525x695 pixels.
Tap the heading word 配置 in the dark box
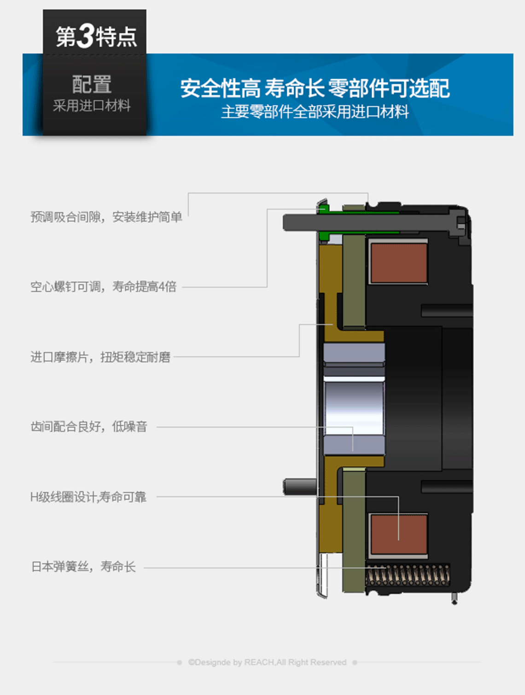click(92, 84)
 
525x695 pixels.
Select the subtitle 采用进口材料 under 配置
click(92, 106)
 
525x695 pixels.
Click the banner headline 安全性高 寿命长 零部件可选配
click(315, 88)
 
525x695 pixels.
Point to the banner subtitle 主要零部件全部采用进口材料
click(315, 112)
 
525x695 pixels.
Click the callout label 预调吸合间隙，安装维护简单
click(106, 217)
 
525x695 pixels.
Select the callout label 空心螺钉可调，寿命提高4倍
click(104, 287)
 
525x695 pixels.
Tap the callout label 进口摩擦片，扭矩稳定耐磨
click(100, 357)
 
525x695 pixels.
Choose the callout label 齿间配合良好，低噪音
click(89, 427)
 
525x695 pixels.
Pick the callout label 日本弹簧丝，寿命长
click(83, 567)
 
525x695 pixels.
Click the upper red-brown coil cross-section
click(399, 263)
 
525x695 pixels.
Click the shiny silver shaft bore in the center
click(354, 408)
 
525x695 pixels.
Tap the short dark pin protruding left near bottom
click(300, 487)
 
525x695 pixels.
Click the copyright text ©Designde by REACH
click(267, 662)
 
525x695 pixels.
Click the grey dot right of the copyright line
click(355, 662)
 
